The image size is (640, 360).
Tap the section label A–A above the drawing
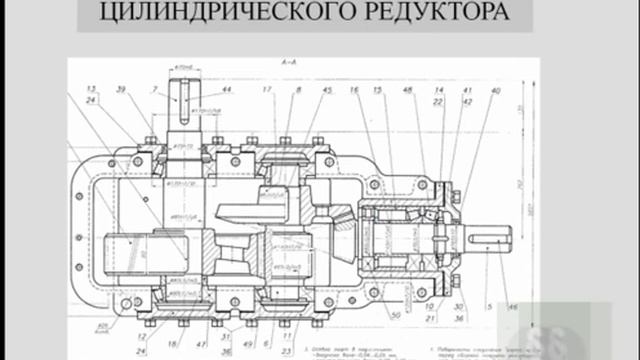(x=291, y=64)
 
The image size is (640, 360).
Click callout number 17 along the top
(x=267, y=90)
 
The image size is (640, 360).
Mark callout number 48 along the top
(x=407, y=90)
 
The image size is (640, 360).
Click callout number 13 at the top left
(x=91, y=90)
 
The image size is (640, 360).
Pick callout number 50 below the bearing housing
(x=396, y=315)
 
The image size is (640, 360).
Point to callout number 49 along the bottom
(x=247, y=323)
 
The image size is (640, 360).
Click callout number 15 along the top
(x=377, y=90)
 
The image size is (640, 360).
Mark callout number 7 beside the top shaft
(x=156, y=90)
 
